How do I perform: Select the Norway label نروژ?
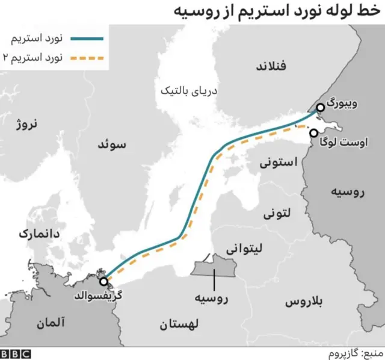[x=26, y=125]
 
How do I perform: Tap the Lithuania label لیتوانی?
[x=242, y=248]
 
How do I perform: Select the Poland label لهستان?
[x=180, y=324]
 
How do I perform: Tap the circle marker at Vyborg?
[x=320, y=107]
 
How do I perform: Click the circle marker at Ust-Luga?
[x=313, y=133]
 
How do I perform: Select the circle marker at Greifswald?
[x=104, y=281]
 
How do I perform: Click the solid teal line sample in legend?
[x=88, y=40]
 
